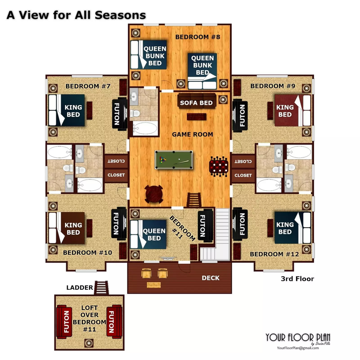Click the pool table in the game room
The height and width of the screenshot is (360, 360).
click(174, 160)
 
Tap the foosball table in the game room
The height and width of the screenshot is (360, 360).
click(219, 166)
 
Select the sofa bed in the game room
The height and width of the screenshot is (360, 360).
click(197, 101)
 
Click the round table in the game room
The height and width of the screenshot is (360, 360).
click(154, 194)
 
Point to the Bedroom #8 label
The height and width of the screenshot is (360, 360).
click(198, 37)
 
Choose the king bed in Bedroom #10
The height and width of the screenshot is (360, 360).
click(67, 228)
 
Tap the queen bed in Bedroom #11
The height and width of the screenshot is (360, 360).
click(148, 234)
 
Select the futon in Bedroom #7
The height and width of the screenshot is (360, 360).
click(119, 114)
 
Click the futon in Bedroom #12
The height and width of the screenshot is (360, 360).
click(240, 224)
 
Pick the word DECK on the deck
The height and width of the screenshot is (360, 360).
click(211, 278)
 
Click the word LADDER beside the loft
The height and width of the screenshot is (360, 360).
click(80, 288)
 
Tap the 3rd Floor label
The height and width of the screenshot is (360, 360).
click(297, 279)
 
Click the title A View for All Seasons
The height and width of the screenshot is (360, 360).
click(76, 15)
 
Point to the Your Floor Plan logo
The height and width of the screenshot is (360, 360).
click(298, 339)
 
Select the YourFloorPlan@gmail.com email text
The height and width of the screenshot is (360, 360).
click(298, 348)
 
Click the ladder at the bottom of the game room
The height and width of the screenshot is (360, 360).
click(194, 200)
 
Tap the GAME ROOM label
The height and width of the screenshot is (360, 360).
click(193, 134)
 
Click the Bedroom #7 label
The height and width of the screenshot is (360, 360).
click(88, 86)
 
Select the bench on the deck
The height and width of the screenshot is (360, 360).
click(153, 285)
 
